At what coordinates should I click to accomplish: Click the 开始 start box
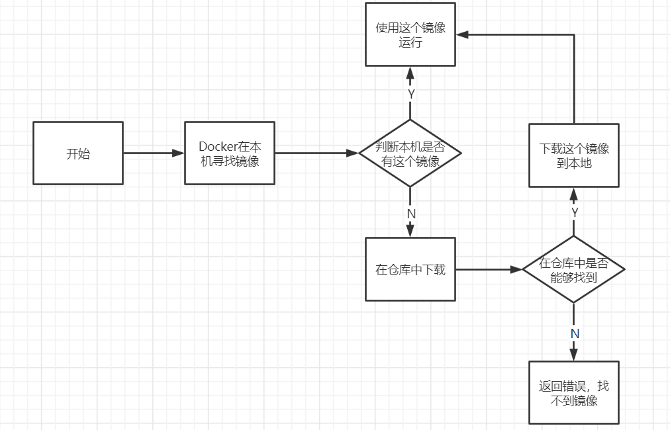(x=78, y=153)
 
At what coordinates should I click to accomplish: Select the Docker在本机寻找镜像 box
(x=229, y=153)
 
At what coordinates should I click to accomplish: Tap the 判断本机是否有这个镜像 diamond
(x=410, y=153)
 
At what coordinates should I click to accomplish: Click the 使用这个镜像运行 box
(x=410, y=35)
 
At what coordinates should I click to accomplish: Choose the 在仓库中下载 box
(x=410, y=269)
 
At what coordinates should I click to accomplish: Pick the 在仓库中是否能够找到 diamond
(x=573, y=269)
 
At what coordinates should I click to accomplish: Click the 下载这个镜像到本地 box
(x=573, y=155)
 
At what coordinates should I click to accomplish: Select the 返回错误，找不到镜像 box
(x=573, y=392)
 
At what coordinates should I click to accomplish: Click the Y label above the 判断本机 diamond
(x=411, y=94)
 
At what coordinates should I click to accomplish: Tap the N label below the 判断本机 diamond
(x=410, y=214)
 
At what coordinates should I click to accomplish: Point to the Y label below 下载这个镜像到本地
(x=574, y=212)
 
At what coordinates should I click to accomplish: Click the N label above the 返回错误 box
(x=574, y=333)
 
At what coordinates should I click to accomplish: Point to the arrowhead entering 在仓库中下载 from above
(x=410, y=231)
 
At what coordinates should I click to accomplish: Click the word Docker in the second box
(x=216, y=146)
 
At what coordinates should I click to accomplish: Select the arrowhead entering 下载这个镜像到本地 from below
(x=574, y=194)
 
